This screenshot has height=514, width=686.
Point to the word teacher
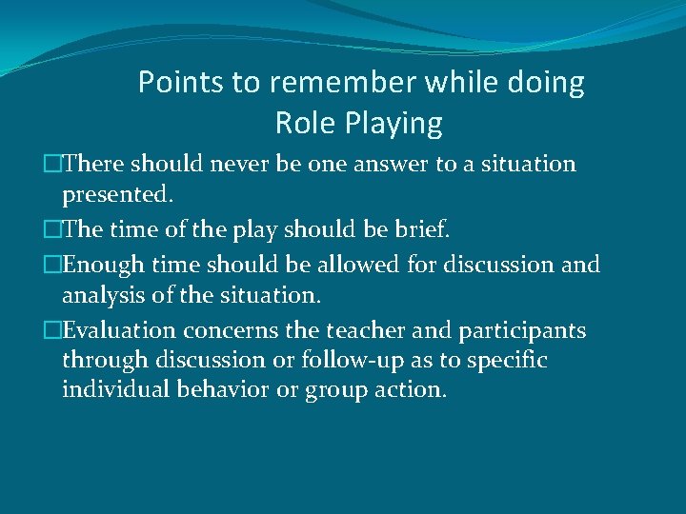(363, 330)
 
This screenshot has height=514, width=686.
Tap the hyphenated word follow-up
(344, 362)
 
